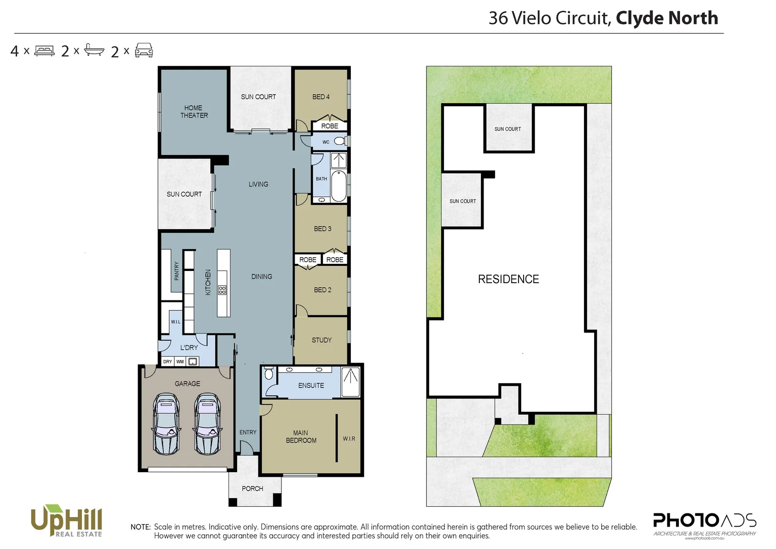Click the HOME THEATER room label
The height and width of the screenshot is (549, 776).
[194, 111]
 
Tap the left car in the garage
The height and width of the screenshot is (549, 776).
[166, 424]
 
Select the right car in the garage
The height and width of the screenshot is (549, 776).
[207, 424]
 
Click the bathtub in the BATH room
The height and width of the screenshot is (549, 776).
[339, 187]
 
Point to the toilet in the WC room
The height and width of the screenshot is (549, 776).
[339, 141]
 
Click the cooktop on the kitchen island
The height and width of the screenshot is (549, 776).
[222, 290]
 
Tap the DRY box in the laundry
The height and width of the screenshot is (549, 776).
[168, 361]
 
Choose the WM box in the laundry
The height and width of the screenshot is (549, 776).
[180, 361]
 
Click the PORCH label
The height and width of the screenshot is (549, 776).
[252, 489]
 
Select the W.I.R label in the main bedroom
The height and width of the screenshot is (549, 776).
[349, 438]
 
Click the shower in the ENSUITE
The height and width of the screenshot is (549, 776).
[350, 382]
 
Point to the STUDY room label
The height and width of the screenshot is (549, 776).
[321, 340]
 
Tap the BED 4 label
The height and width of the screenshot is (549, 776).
[321, 97]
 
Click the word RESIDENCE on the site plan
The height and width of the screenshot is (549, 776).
[508, 279]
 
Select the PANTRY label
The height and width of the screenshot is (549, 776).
[177, 271]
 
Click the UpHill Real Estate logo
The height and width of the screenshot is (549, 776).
[67, 521]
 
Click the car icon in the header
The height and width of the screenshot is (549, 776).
[144, 50]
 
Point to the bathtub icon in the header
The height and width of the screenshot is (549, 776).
[94, 50]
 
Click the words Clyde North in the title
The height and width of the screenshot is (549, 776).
[667, 18]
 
